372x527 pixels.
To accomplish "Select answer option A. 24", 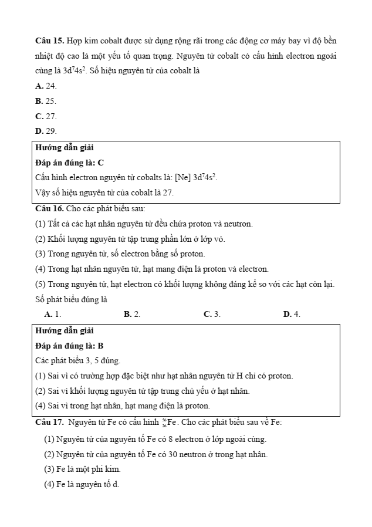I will [46, 86].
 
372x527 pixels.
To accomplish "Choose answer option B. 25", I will [46, 101].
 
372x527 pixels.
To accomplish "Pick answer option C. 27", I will [46, 116].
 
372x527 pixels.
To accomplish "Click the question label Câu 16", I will [49, 208].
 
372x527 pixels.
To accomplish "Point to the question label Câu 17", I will [49, 422].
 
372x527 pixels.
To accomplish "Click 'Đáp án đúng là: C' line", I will [69, 162].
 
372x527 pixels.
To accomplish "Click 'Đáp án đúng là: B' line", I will [69, 346].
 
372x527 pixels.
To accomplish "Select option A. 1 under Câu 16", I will [53, 315].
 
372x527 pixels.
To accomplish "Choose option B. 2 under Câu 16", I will [132, 315].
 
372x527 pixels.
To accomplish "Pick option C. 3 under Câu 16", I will [212, 315].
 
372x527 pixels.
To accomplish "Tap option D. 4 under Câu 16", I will [292, 315].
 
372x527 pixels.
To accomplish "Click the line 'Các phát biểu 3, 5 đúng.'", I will [77, 360].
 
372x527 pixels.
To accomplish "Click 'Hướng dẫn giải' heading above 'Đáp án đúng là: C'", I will [65, 147].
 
